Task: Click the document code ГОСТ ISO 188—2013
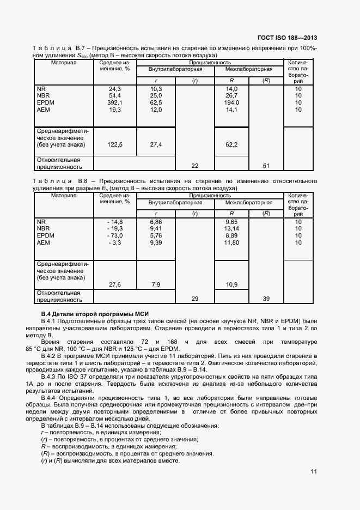pos(286,38)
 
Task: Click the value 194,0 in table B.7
pos(232,102)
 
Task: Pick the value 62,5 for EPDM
pos(156,102)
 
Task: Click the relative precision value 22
pos(194,166)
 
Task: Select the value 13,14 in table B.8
pos(232,229)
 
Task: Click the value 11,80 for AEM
pos(232,243)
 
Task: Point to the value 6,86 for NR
pos(156,222)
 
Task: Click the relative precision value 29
pos(194,299)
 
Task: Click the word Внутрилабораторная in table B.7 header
pos(175,70)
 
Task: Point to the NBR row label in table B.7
pos(43,95)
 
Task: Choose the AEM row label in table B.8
pos(43,243)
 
